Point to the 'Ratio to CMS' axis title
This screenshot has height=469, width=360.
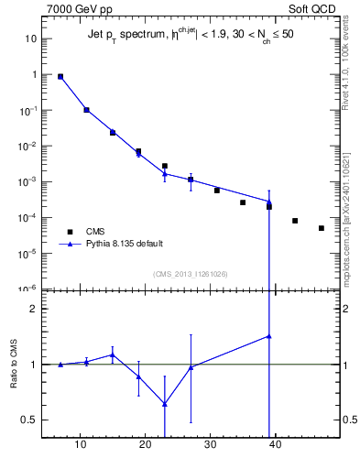coord(14,365)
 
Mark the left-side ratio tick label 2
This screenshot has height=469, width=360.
coord(32,309)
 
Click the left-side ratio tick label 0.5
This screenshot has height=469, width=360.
coord(28,420)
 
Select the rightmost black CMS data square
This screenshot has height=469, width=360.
coord(322,228)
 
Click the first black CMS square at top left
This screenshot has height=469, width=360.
coord(60,77)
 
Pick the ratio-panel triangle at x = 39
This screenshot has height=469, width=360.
coord(269,336)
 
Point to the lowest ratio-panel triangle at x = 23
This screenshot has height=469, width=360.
coord(165,404)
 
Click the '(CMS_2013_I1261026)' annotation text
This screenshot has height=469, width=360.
coord(191,274)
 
